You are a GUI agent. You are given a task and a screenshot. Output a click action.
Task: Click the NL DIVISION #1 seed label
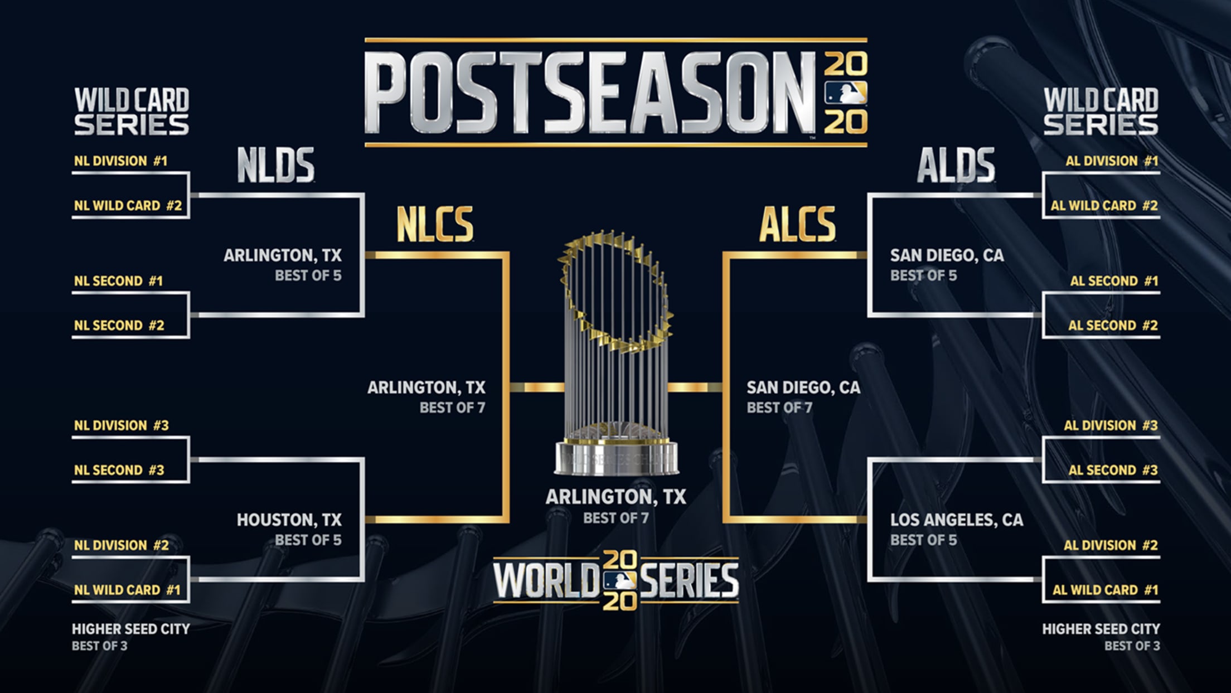coord(120,161)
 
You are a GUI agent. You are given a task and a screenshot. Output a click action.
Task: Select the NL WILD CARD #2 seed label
coord(128,206)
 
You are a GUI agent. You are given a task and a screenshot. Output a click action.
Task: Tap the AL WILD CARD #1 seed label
coord(1105,590)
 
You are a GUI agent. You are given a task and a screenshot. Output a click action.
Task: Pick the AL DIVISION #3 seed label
coord(1111,425)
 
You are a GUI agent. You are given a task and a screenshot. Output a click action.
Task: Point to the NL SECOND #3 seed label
coord(119,470)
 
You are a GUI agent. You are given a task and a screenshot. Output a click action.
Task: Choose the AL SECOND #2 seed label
coord(1113,325)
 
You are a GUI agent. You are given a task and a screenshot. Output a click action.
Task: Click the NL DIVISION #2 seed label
coord(121,545)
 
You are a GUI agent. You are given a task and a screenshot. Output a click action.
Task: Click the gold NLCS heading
coord(435,224)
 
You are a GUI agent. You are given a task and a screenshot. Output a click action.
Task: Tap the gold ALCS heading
coord(797,224)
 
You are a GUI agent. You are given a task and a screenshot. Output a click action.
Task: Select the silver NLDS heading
coord(276,165)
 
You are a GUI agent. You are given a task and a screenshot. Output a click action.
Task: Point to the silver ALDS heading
coord(956,165)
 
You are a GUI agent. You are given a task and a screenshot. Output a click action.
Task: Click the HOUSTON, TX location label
coord(289,520)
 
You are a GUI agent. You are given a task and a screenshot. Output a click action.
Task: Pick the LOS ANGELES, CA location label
coord(957,520)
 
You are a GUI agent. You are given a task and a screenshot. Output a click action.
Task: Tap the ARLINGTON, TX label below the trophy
coord(616,497)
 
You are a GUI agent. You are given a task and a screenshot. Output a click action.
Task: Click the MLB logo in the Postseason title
coord(846,93)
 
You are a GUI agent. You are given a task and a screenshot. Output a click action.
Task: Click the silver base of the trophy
coord(617,457)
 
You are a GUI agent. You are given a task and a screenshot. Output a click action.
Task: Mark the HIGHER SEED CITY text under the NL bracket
coord(131,629)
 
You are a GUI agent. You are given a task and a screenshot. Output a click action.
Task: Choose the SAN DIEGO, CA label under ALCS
coord(803,387)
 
